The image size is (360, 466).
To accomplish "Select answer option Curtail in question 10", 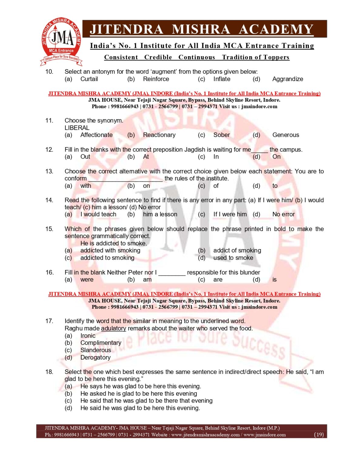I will [x=89, y=79].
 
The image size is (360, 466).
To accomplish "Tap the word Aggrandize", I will [x=288, y=79].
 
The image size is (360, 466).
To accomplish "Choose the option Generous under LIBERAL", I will [x=285, y=135].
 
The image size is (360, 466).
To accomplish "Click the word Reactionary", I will [x=159, y=135].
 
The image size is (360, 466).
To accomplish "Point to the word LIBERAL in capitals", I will [x=77, y=128].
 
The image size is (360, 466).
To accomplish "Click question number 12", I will [x=49, y=150].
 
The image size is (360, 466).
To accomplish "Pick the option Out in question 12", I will [x=85, y=157].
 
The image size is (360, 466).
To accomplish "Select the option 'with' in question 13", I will [x=86, y=186].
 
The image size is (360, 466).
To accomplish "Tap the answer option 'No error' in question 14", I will [x=283, y=214].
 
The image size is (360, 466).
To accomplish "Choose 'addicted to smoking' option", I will [x=107, y=258].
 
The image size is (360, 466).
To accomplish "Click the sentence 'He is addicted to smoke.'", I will [x=113, y=243].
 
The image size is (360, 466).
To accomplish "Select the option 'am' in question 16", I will [x=147, y=279].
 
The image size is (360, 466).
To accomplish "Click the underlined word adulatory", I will [x=113, y=328].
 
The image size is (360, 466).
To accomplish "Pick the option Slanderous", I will [x=96, y=350].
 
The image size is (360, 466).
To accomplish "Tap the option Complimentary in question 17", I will [x=101, y=343].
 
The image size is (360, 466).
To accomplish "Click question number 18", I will [x=49, y=372].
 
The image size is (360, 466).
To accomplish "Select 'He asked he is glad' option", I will [x=139, y=393].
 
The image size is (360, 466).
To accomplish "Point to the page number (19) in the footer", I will [x=319, y=434].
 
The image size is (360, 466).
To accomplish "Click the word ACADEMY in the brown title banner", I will [x=276, y=29].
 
